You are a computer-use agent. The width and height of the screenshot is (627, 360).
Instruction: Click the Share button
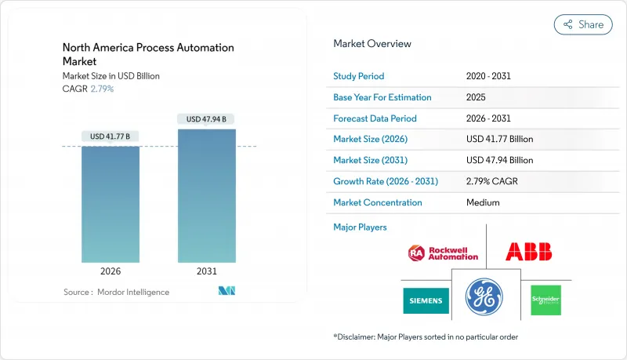[x=583, y=24]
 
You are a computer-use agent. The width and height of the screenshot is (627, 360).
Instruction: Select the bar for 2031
[x=207, y=195]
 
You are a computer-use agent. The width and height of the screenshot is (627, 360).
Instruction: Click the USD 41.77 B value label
[x=111, y=136]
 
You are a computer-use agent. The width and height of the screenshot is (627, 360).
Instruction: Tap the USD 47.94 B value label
[x=207, y=119]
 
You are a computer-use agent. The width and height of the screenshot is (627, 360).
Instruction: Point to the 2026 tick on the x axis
[x=111, y=271]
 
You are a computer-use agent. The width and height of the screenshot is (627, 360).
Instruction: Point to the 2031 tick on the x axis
[x=207, y=271]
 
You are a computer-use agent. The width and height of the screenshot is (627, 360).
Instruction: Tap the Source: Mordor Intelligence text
[x=116, y=292]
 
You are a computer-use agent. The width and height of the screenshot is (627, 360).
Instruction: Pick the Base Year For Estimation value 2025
[x=477, y=97]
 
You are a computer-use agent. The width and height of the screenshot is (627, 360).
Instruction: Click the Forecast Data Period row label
[x=375, y=118]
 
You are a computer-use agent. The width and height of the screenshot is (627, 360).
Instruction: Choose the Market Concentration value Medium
[x=483, y=202]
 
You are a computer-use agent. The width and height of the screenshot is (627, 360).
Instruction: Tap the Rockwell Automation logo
[x=443, y=253]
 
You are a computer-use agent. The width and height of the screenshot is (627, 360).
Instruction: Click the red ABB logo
[x=528, y=252]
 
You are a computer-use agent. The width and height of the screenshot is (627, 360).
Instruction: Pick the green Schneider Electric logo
[x=545, y=300]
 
